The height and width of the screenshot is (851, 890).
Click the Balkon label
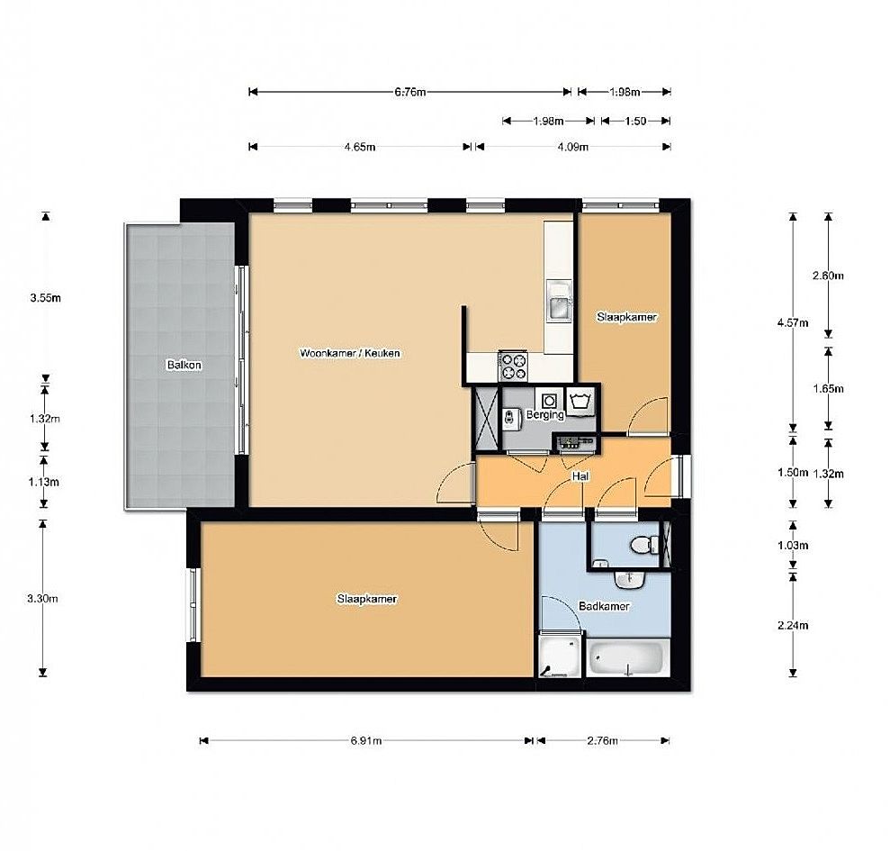pyautogui.click(x=184, y=365)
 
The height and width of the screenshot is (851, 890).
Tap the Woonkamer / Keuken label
pyautogui.click(x=350, y=353)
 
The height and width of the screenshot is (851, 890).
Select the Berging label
pyautogui.click(x=545, y=415)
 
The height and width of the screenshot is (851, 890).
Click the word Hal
pyautogui.click(x=580, y=476)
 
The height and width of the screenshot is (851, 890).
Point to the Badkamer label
pyautogui.click(x=604, y=606)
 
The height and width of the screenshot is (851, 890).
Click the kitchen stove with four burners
pyautogui.click(x=513, y=366)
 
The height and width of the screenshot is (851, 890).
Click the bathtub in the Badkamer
pyautogui.click(x=626, y=657)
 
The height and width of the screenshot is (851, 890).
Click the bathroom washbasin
pyautogui.click(x=629, y=579)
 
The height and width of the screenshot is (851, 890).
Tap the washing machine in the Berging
pyautogui.click(x=548, y=401)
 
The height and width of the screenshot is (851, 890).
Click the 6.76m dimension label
pyautogui.click(x=409, y=92)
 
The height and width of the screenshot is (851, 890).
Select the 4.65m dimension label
pyautogui.click(x=360, y=147)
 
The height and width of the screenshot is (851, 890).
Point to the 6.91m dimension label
pyautogui.click(x=366, y=741)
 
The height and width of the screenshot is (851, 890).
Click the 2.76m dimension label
pyautogui.click(x=602, y=741)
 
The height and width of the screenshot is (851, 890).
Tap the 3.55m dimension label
pyautogui.click(x=45, y=298)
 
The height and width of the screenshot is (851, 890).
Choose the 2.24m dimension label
pyautogui.click(x=793, y=626)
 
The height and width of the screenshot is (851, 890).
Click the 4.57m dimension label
pyautogui.click(x=793, y=322)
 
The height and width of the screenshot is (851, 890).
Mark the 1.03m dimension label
pyautogui.click(x=793, y=546)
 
